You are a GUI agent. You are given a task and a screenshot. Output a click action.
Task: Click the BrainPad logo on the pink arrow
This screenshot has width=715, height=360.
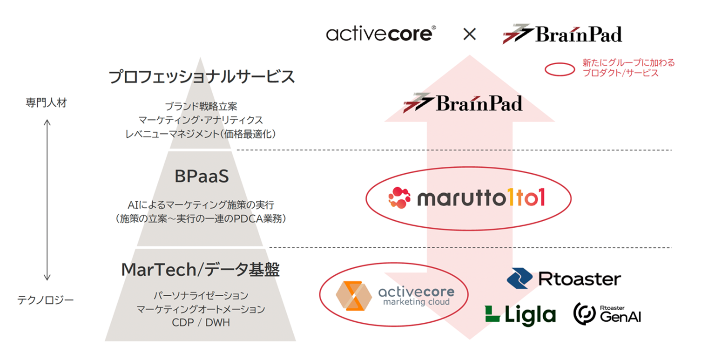463,103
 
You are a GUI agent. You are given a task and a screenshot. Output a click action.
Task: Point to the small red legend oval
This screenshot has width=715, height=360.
560,69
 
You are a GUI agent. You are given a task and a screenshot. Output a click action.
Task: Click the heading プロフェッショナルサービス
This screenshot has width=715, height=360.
202,77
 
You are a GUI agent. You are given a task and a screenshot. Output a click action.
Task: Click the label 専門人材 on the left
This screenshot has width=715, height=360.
46,102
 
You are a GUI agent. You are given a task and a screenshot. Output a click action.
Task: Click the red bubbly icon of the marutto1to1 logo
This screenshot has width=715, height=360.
399,198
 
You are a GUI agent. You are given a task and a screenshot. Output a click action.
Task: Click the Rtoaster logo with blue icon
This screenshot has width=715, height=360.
563,279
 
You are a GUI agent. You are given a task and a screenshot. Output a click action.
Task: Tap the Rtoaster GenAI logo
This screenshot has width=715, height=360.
607,313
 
